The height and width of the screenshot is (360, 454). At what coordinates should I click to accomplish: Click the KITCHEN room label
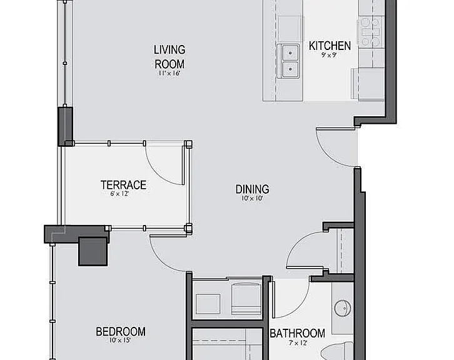(x=330, y=46)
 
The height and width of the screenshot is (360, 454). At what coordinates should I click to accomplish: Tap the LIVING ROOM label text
(x=169, y=57)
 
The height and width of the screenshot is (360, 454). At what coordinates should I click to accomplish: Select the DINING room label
(x=252, y=189)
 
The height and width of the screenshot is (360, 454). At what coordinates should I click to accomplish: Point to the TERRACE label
(x=123, y=185)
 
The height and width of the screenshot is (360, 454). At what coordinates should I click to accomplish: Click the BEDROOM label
(x=121, y=332)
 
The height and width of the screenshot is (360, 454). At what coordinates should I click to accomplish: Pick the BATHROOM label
(x=298, y=333)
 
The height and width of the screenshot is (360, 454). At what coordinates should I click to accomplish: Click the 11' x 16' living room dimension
(x=169, y=73)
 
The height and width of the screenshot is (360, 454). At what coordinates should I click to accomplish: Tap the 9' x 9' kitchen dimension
(x=329, y=55)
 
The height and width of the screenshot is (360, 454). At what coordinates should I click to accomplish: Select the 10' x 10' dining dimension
(x=252, y=198)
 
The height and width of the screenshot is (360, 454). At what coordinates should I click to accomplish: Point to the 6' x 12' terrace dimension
(x=119, y=194)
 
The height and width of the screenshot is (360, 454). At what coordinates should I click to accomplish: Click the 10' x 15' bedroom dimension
(x=120, y=341)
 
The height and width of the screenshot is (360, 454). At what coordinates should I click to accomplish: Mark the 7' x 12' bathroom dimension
(x=298, y=343)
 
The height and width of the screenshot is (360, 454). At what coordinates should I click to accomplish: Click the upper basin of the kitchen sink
(x=290, y=53)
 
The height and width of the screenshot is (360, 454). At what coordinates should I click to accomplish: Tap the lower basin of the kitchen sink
(x=290, y=69)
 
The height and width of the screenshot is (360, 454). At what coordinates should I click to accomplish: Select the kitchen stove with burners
(x=369, y=31)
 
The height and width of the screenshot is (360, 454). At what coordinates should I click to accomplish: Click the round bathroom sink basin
(x=343, y=308)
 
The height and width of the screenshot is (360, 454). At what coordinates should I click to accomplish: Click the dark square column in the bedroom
(x=93, y=251)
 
